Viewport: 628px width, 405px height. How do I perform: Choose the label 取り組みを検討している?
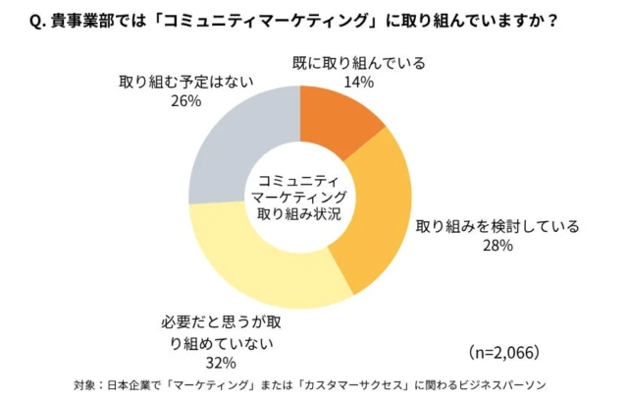(x=497, y=225)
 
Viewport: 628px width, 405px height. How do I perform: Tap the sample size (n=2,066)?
(x=503, y=352)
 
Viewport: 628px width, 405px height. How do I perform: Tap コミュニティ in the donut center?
(x=298, y=179)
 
